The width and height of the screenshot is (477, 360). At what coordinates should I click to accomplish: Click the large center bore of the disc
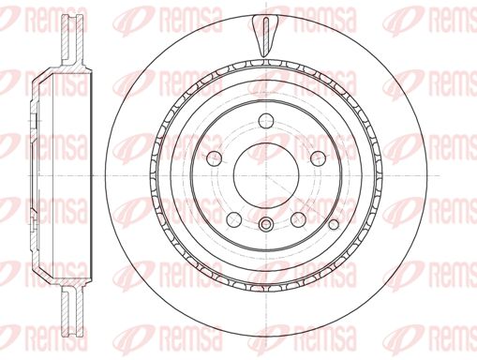pyautogui.click(x=266, y=176)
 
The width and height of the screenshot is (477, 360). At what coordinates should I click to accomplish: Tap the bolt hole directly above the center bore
pyautogui.click(x=266, y=121)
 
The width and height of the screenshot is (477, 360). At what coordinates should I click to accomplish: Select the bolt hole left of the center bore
pyautogui.click(x=215, y=158)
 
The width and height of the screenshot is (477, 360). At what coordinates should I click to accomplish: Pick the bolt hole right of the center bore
pyautogui.click(x=318, y=158)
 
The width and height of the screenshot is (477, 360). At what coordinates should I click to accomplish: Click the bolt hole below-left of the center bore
pyautogui.click(x=234, y=219)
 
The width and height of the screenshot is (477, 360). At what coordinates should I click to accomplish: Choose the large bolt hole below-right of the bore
pyautogui.click(x=298, y=219)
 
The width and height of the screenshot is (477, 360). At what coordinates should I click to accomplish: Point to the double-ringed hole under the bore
pyautogui.click(x=266, y=224)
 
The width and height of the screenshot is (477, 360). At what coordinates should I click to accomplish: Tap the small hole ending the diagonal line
pyautogui.click(x=334, y=224)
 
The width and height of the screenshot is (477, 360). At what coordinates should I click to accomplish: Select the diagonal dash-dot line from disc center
pyautogui.click(x=300, y=200)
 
